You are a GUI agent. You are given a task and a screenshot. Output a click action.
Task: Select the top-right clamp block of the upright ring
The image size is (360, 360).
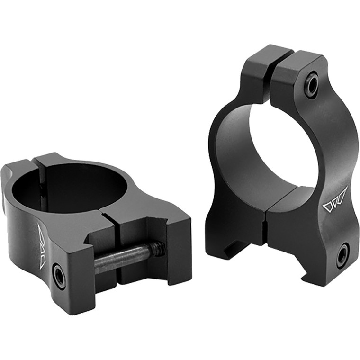(x=298, y=71)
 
